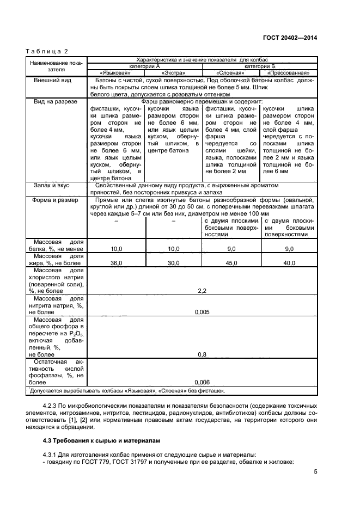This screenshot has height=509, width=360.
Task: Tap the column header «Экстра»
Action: pos(174,72)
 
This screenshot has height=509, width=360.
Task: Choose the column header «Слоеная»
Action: pos(231,72)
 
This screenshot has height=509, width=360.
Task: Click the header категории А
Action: pos(144,65)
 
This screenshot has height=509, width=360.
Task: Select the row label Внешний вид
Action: pos(53,80)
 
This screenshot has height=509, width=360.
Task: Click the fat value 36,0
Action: pos(116,263)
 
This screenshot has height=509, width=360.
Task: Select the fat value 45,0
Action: pos(231,263)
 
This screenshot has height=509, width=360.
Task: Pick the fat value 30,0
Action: pos(174,263)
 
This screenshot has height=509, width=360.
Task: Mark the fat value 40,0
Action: pos(289,263)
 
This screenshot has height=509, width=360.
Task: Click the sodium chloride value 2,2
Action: pos(202,291)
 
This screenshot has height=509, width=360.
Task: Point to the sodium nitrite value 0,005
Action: pos(202,312)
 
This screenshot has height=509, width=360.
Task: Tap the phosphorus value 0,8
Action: pos(202,354)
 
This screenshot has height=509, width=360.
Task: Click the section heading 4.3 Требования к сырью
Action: pos(96,439)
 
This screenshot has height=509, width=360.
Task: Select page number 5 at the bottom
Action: pos(315,473)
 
